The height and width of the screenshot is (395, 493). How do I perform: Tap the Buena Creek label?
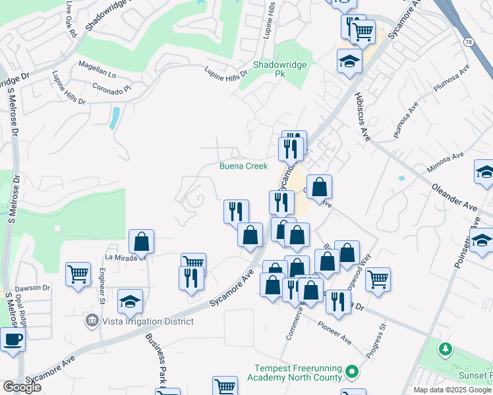point(244,166)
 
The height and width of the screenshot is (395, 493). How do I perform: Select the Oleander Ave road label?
point(455,194)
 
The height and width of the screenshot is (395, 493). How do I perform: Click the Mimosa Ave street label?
point(446,161)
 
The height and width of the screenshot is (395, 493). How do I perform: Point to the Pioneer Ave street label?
point(334,332)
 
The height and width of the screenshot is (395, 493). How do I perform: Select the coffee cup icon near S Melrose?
point(13,340)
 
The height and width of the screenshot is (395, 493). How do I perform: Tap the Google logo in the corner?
point(22,387)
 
